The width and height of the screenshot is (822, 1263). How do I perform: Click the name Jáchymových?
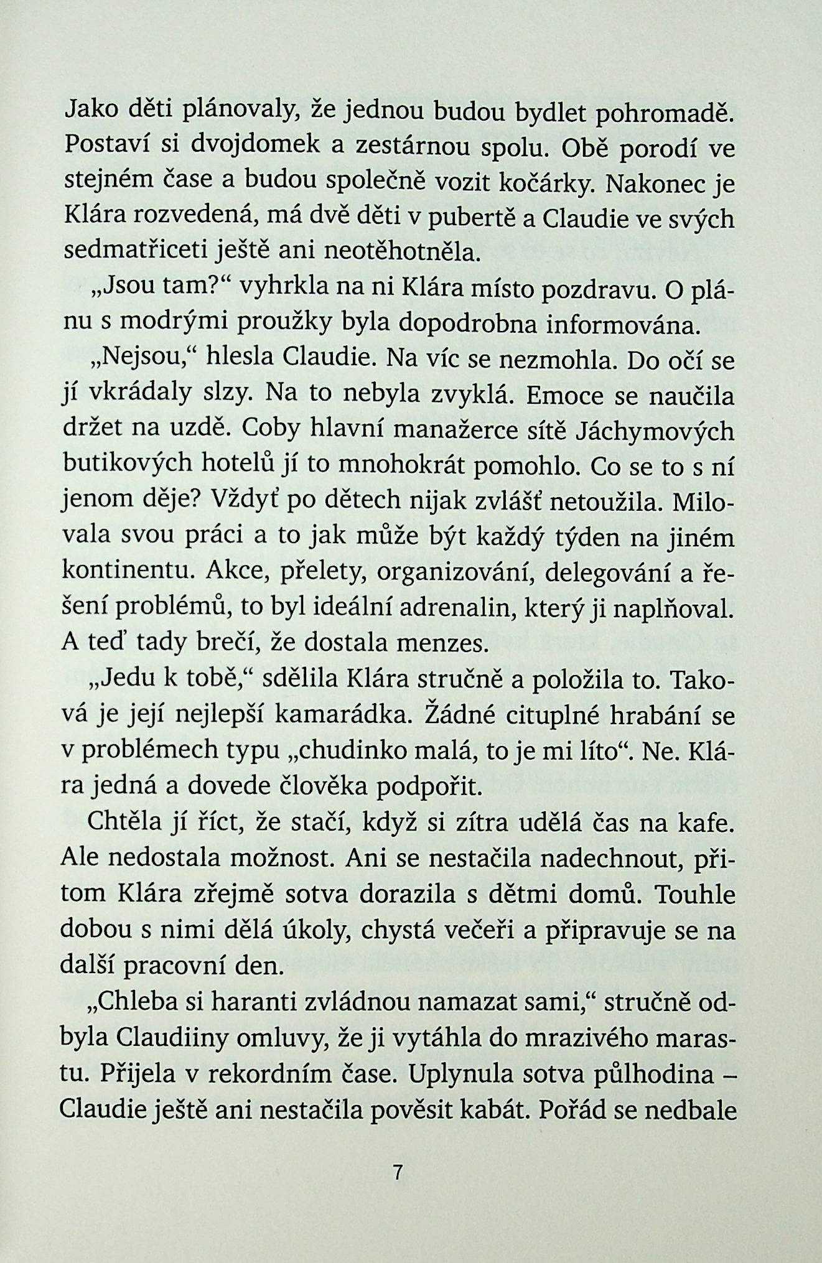655,431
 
